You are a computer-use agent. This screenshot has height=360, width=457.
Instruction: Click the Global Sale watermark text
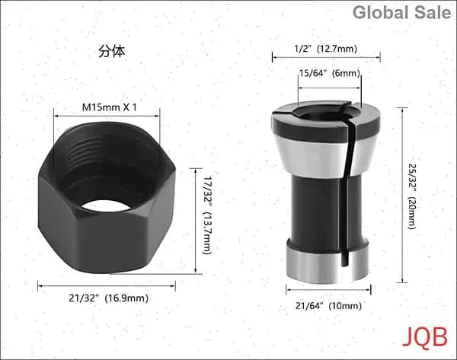(x=401, y=13)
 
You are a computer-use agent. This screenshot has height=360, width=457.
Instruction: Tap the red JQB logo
(x=425, y=337)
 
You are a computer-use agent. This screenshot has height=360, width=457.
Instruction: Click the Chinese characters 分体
(x=112, y=51)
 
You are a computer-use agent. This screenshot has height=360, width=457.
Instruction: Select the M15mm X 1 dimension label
(x=109, y=107)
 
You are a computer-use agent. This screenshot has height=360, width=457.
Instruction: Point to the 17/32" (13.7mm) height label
(x=206, y=215)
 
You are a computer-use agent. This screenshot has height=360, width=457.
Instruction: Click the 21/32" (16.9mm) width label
(x=108, y=298)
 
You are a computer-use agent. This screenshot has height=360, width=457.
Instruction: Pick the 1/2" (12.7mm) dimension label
(x=325, y=49)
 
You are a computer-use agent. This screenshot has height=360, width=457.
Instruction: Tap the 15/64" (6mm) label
(x=330, y=73)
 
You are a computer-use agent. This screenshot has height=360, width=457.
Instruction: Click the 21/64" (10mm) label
(x=328, y=305)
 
